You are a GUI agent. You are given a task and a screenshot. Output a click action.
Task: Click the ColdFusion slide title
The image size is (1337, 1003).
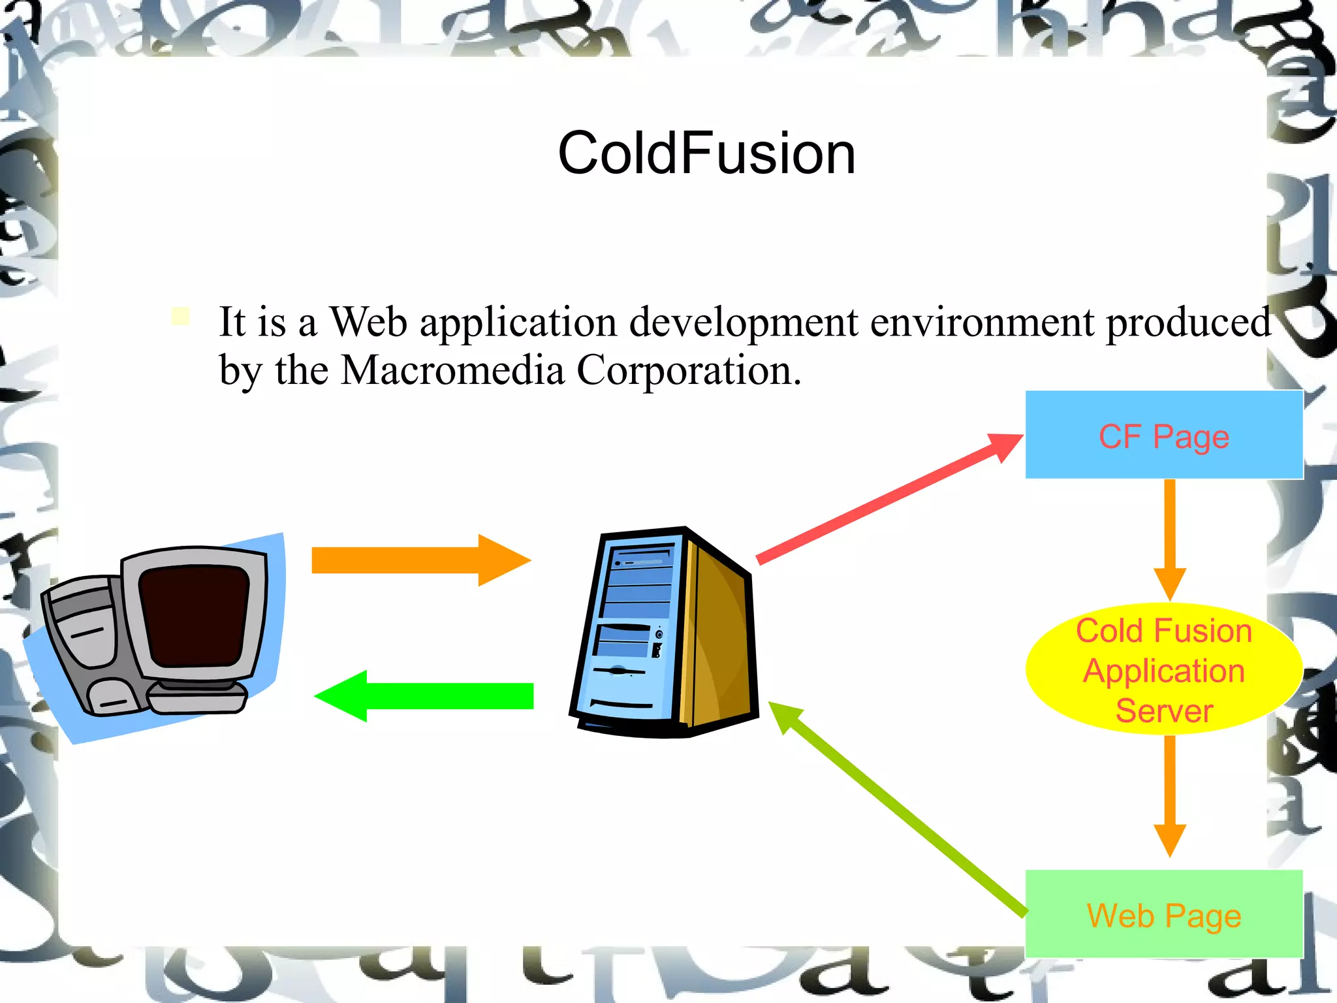click(x=706, y=153)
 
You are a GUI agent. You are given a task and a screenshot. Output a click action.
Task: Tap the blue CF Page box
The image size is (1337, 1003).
click(x=1163, y=436)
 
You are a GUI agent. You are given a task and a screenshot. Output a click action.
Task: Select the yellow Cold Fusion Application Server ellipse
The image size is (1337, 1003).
click(x=1163, y=669)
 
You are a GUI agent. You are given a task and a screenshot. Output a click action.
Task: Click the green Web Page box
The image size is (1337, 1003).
click(x=1163, y=914)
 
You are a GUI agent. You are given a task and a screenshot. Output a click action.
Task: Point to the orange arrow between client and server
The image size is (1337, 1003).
click(x=418, y=560)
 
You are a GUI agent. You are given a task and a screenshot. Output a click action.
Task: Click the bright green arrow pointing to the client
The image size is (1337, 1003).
click(x=424, y=696)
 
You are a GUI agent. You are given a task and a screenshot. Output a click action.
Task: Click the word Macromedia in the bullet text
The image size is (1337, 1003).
click(x=452, y=370)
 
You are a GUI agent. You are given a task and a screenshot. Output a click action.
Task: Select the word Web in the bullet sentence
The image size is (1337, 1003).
click(x=368, y=322)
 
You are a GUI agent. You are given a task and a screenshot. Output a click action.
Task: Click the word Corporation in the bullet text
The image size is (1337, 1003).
click(x=688, y=370)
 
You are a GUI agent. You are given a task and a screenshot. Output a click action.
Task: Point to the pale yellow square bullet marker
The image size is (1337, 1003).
click(x=181, y=317)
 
